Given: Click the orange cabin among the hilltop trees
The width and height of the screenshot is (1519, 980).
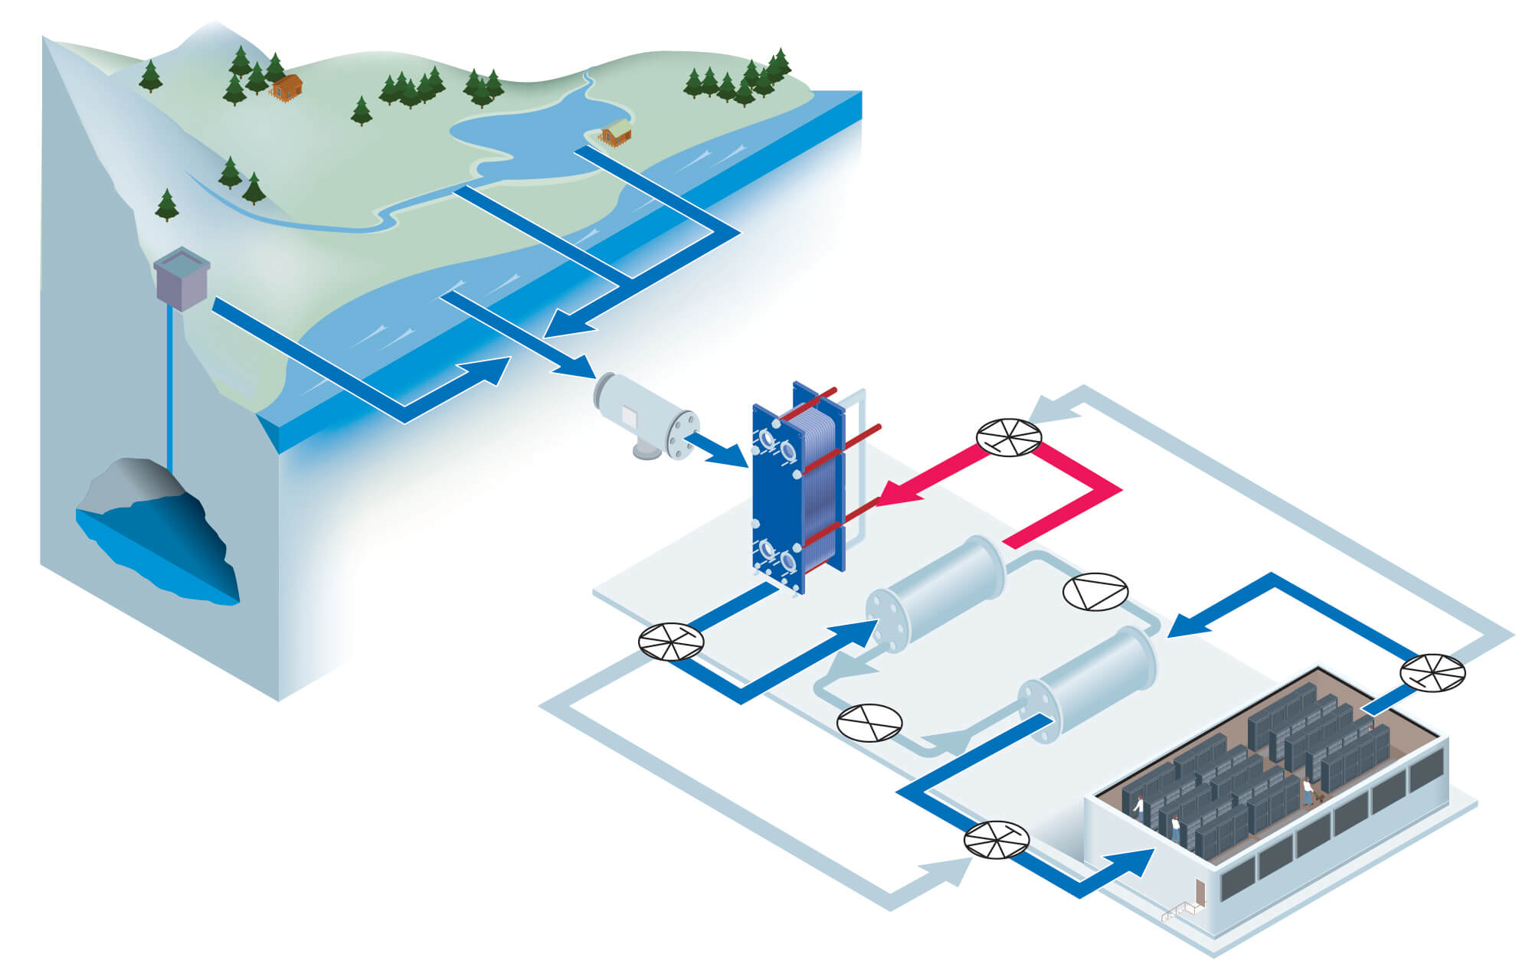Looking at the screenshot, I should tap(286, 87).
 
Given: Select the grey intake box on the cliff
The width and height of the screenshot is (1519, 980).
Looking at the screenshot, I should tap(182, 279).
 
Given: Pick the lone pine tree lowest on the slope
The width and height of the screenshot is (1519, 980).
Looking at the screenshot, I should tap(166, 205).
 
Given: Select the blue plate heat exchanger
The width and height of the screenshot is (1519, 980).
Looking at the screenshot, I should tap(797, 490).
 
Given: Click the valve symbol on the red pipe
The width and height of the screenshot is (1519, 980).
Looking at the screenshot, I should tap(1009, 438).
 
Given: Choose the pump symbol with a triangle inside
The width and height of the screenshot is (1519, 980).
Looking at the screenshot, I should tap(1095, 592).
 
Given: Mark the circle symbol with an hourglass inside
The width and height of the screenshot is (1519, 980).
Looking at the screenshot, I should tap(869, 723).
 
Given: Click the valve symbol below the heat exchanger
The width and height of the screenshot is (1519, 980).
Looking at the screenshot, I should tap(671, 642).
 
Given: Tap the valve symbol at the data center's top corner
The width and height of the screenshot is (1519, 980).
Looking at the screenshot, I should tap(1432, 673).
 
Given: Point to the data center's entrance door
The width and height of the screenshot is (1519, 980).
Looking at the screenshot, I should tap(1200, 892).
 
